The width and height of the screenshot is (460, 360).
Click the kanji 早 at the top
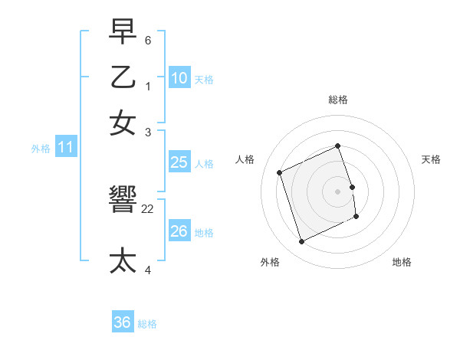123,32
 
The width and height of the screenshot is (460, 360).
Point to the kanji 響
123,201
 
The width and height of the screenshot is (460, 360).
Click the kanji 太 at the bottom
123,260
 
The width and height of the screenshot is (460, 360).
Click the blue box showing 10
179,77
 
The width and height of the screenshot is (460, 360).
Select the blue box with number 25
179,162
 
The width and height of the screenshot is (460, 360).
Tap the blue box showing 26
179,231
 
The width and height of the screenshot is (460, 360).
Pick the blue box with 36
123,322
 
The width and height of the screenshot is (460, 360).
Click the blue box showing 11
65,147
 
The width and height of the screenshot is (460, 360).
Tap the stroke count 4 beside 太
148,270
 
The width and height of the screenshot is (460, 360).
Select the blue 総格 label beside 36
147,324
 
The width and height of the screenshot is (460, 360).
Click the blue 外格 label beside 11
41,149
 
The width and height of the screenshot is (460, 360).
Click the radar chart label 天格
431,159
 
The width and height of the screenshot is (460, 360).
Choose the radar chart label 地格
402,262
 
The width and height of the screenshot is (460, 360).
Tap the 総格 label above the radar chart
338,100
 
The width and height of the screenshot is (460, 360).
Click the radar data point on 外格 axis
301,242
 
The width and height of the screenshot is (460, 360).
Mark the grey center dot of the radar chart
338,191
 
